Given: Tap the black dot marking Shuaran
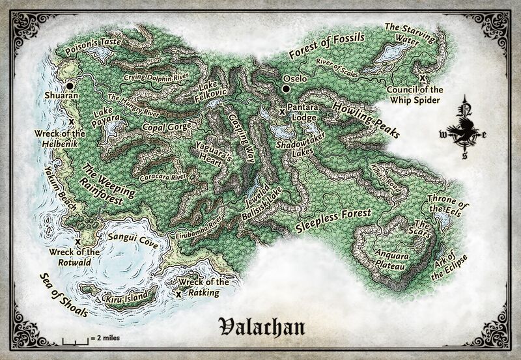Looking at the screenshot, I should (x=70, y=85).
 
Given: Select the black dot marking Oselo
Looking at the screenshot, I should (x=285, y=89).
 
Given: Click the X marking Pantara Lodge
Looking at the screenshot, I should (x=281, y=112).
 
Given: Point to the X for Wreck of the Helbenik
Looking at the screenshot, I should (x=71, y=121).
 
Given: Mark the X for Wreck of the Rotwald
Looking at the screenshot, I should (x=77, y=241).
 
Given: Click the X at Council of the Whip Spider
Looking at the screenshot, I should (x=423, y=78).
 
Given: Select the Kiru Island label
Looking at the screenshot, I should (x=124, y=298).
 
